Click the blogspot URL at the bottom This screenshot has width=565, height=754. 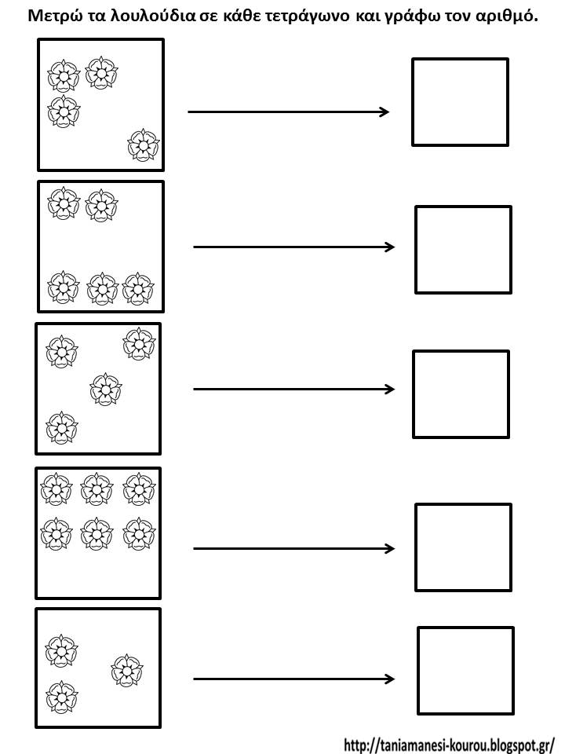(x=449, y=745)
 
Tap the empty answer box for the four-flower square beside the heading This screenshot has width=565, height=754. (x=461, y=102)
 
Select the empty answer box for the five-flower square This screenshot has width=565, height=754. (x=463, y=250)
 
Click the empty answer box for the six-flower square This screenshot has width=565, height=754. (x=463, y=547)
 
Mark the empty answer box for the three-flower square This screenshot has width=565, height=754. (x=465, y=670)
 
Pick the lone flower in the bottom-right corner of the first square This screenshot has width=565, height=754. (x=143, y=145)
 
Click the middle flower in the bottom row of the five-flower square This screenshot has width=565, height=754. (x=102, y=288)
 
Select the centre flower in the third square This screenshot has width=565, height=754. (x=106, y=389)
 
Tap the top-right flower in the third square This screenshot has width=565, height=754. (x=139, y=343)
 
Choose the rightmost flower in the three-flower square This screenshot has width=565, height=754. (x=127, y=670)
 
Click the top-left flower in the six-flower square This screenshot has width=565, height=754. (x=56, y=489)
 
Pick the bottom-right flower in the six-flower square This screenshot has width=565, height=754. (x=139, y=533)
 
